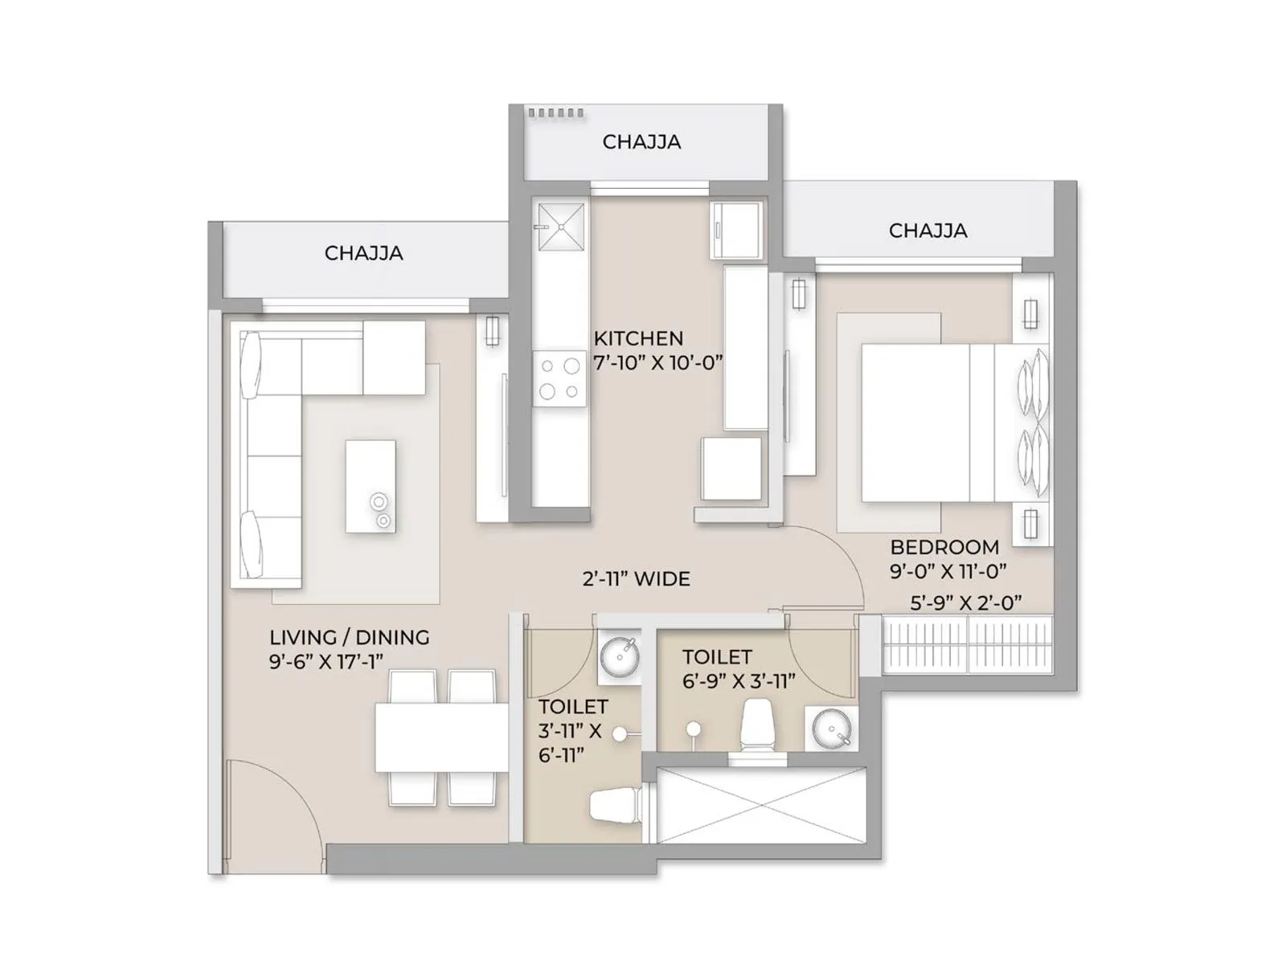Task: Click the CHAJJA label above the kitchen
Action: [641, 142]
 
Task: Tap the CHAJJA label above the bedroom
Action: [928, 231]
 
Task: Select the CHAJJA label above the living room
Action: [363, 253]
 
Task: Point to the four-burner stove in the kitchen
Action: [560, 378]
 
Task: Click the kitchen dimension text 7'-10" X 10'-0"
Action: [657, 362]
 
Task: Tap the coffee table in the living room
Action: [371, 485]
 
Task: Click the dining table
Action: [441, 737]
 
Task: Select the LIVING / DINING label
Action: [349, 637]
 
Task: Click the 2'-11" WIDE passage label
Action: [636, 578]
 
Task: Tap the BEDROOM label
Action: [944, 547]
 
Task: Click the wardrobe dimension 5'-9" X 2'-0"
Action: [965, 603]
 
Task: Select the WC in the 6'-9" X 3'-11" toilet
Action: [756, 725]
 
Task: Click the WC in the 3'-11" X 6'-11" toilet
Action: [615, 805]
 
